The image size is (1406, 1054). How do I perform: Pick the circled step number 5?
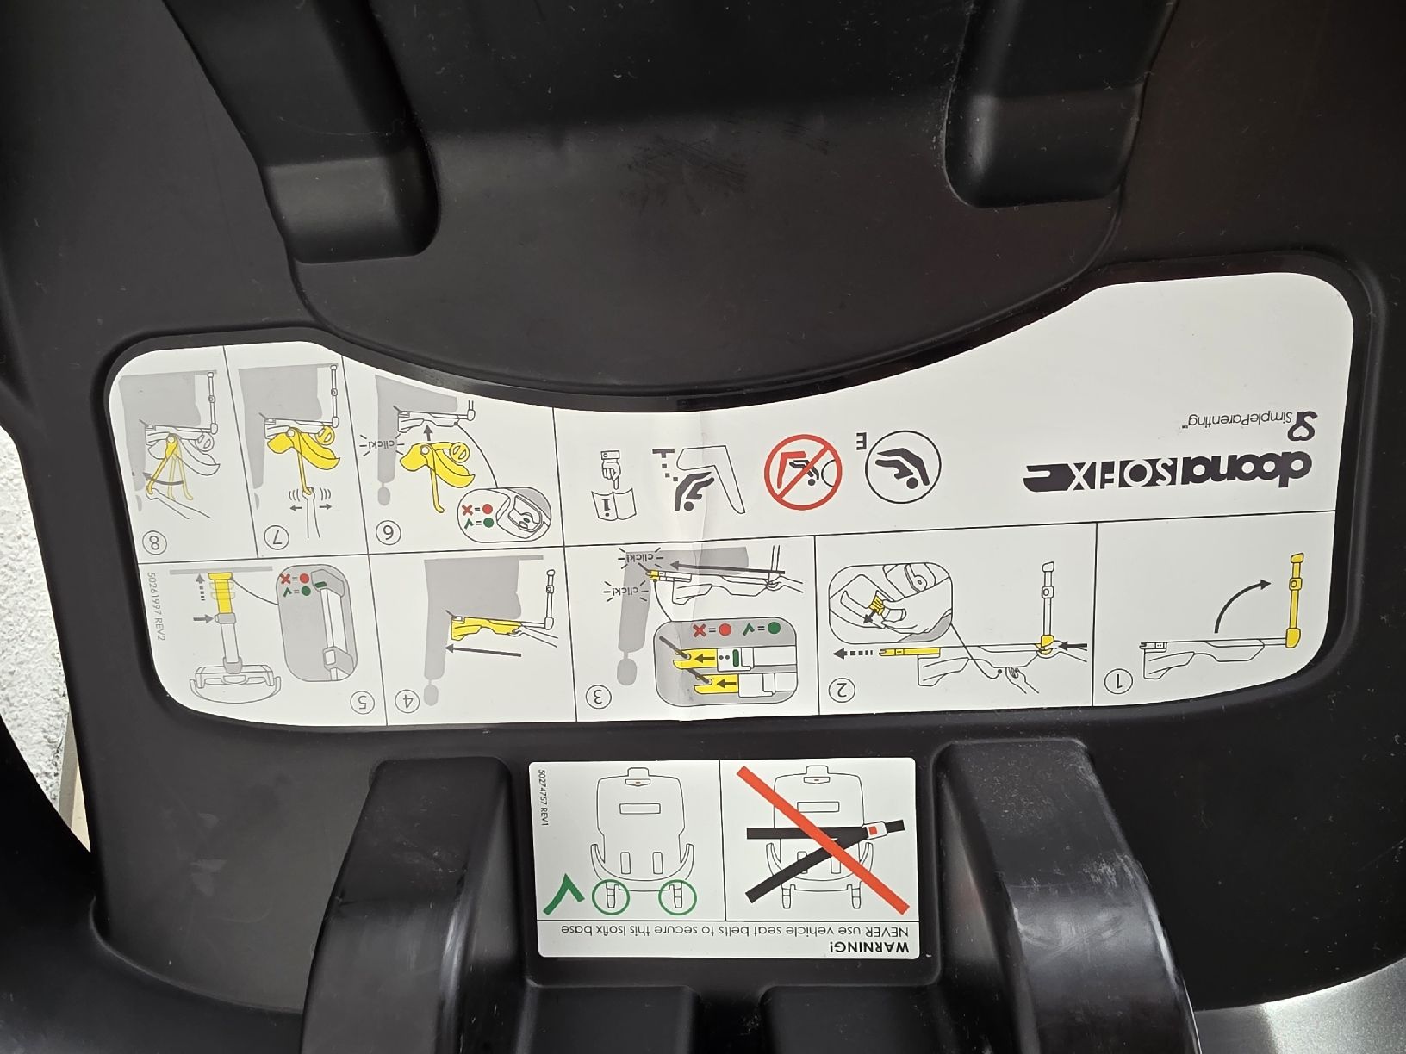coord(366,700)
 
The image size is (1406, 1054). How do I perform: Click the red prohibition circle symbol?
coord(802,470)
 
